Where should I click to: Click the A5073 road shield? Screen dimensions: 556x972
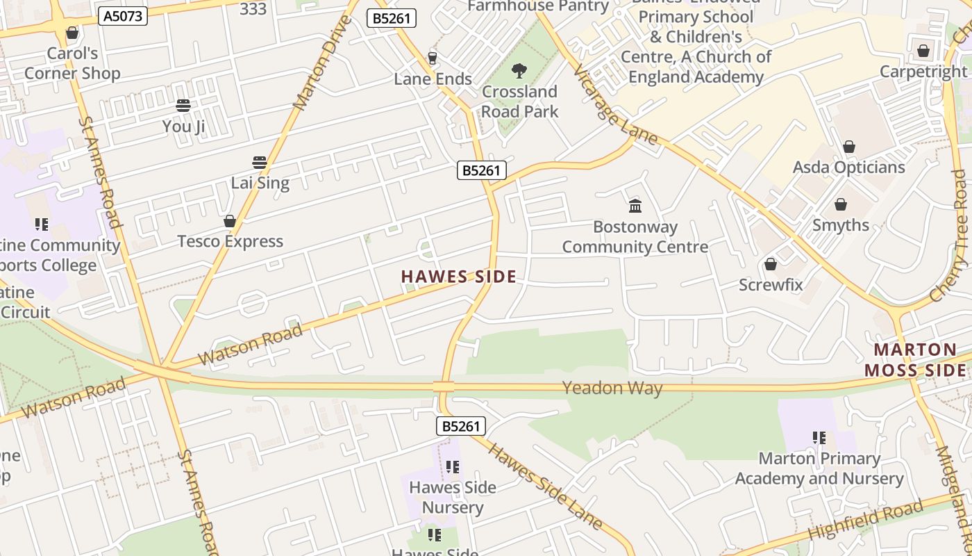click(x=123, y=16)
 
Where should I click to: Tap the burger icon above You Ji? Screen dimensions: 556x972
click(x=183, y=106)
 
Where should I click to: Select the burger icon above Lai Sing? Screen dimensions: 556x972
click(x=260, y=163)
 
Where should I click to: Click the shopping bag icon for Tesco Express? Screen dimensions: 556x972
click(x=230, y=221)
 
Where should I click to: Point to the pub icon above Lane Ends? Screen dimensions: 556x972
click(x=433, y=58)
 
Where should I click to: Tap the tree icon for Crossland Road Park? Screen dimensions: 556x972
click(x=519, y=70)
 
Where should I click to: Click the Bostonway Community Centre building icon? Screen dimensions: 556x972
click(x=635, y=206)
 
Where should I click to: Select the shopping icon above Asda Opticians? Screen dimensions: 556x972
click(x=848, y=147)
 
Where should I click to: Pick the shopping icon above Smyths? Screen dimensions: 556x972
click(x=840, y=204)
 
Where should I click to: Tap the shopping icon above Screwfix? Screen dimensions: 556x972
click(x=770, y=264)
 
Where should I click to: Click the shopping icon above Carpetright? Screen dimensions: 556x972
click(x=923, y=51)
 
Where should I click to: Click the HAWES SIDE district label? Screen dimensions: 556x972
click(x=459, y=277)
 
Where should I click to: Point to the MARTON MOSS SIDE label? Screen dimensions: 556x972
click(x=915, y=360)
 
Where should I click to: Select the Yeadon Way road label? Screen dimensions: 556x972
click(x=612, y=388)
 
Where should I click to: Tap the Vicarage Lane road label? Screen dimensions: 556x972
click(x=616, y=105)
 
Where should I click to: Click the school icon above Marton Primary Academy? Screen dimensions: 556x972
click(x=819, y=438)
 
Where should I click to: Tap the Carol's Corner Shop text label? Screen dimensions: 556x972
click(x=72, y=63)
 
